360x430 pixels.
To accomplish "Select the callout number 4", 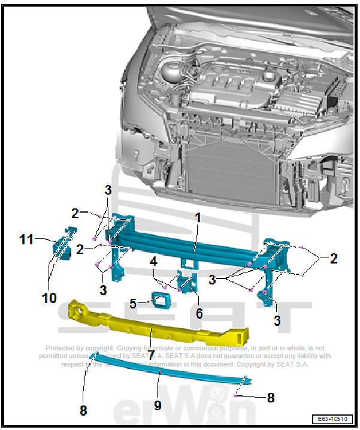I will (x=154, y=261).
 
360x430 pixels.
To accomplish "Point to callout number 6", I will (x=199, y=313).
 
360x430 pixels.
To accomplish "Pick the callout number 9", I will (x=158, y=405).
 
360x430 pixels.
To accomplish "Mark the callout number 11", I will (x=25, y=240).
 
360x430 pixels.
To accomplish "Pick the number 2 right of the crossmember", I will (x=334, y=259).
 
